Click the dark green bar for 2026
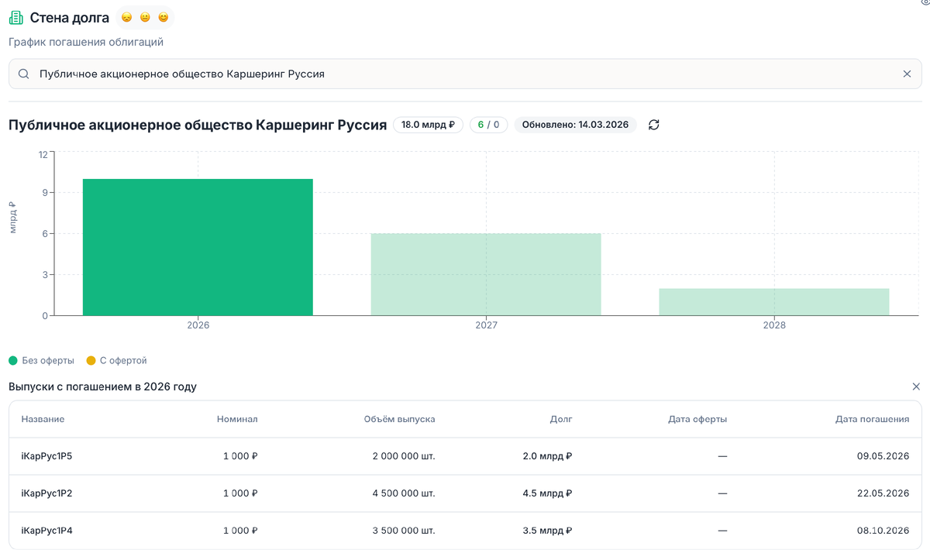[198, 247]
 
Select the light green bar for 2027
[486, 274]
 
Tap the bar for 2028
[773, 301]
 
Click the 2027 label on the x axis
[486, 325]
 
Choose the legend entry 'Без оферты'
[42, 360]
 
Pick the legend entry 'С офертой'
[116, 360]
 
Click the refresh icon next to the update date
[653, 125]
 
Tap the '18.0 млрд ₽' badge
[428, 125]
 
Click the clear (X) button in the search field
[907, 74]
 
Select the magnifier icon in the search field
[24, 74]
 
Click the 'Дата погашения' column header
[872, 419]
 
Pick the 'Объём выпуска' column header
[399, 419]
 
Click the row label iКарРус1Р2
[46, 493]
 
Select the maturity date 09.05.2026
[883, 456]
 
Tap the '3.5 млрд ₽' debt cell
[547, 531]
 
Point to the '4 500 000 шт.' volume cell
[404, 493]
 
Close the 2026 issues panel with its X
[916, 387]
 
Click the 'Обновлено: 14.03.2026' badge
[575, 125]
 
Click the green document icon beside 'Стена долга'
[16, 17]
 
